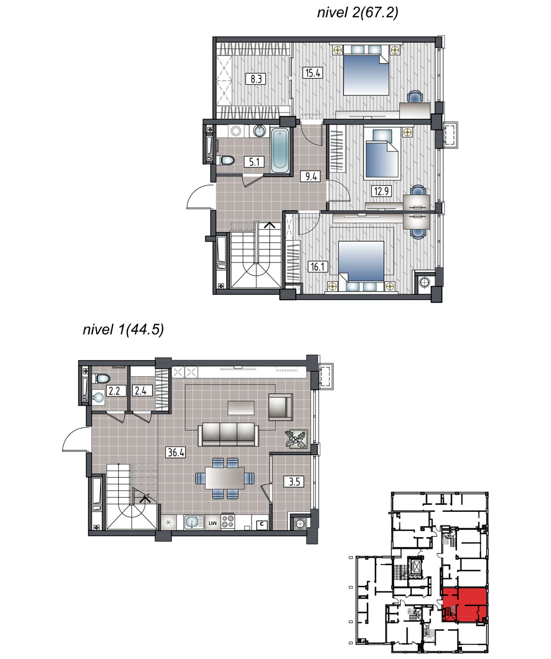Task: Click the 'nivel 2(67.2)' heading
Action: click(x=358, y=13)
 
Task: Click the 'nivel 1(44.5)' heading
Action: click(x=123, y=330)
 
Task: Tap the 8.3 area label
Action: click(x=256, y=79)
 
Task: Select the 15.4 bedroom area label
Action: click(x=313, y=73)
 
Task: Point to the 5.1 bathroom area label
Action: click(x=254, y=162)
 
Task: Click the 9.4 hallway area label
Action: click(x=311, y=176)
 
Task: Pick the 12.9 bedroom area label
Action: click(x=381, y=191)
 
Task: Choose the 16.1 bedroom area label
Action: click(x=318, y=267)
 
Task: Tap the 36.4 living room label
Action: click(x=176, y=453)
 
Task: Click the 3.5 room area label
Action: click(x=294, y=482)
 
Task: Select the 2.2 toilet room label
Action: click(x=114, y=391)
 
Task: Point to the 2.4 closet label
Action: click(x=141, y=390)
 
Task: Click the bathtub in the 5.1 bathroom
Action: click(x=280, y=150)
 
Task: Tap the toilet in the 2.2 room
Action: click(x=102, y=378)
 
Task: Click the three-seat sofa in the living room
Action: click(x=228, y=434)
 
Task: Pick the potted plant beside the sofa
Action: click(x=296, y=439)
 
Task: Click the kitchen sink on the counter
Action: click(x=193, y=522)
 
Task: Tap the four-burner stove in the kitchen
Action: click(x=227, y=522)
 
